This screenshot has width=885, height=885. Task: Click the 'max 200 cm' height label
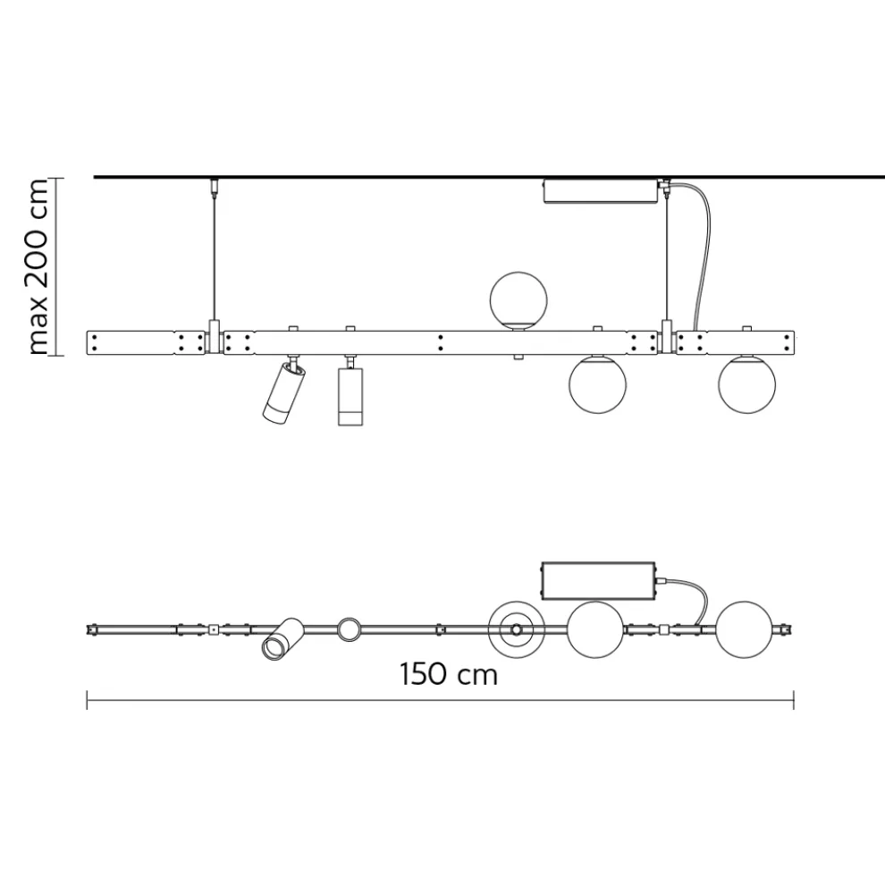click(x=38, y=265)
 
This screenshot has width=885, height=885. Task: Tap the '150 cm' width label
click(x=449, y=672)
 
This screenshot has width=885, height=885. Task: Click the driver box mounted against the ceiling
click(x=600, y=191)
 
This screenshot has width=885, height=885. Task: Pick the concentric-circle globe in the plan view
click(x=517, y=630)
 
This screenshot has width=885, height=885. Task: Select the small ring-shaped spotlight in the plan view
click(x=350, y=629)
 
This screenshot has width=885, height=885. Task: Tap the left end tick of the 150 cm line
click(x=87, y=700)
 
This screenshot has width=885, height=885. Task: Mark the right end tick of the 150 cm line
click(x=794, y=700)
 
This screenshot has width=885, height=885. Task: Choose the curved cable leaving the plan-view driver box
click(x=693, y=594)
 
